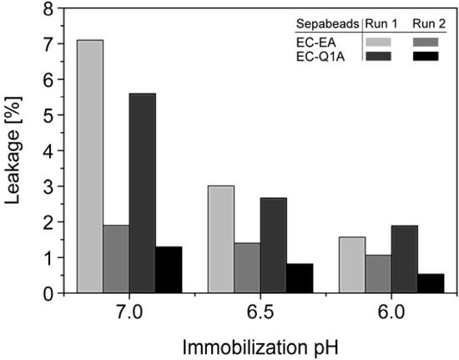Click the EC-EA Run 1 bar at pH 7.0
click(x=90, y=167)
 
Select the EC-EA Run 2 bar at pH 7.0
click(x=116, y=259)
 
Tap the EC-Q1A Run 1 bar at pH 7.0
click(x=142, y=193)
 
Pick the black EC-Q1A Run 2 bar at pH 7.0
click(x=168, y=270)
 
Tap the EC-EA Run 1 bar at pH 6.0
click(x=352, y=265)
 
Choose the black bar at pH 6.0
click(x=430, y=283)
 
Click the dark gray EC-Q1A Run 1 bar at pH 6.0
click(x=404, y=259)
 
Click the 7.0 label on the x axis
click(x=129, y=312)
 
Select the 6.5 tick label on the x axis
click(x=260, y=312)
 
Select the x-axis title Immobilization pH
click(x=260, y=343)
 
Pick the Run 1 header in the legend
click(x=380, y=23)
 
